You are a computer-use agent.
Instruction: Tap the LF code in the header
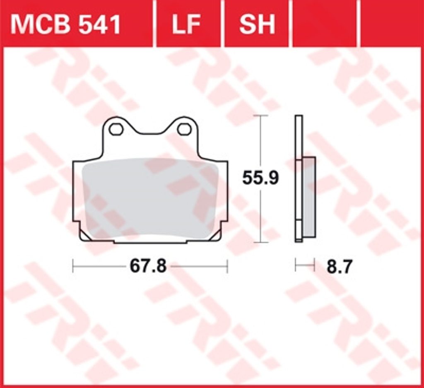tap(186, 24)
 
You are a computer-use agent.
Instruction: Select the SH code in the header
tap(257, 24)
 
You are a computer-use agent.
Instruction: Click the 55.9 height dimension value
tap(260, 178)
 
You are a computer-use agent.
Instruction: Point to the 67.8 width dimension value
tap(148, 266)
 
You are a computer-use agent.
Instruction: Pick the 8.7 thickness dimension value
tap(340, 267)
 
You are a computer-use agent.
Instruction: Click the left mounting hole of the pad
tap(116, 129)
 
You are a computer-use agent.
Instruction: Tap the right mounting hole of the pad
tap(184, 129)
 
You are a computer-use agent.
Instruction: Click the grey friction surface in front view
tap(150, 199)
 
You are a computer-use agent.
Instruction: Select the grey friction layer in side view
tap(309, 197)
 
